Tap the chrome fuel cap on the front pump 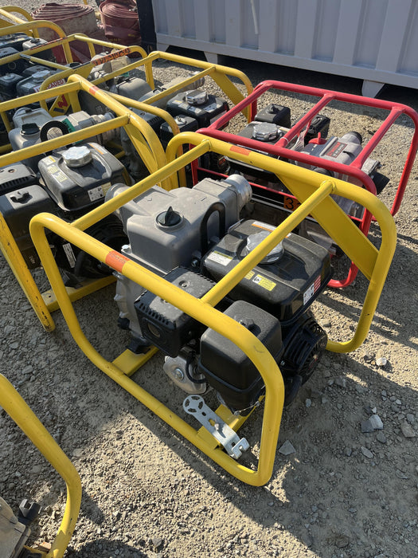click(264, 248)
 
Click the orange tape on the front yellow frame click(116, 260)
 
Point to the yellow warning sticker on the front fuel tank click(264, 282)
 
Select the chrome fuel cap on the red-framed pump click(266, 131)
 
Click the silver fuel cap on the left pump click(77, 155)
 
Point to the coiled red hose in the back click(119, 20)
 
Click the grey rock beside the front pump click(371, 422)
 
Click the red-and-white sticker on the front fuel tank click(311, 291)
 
